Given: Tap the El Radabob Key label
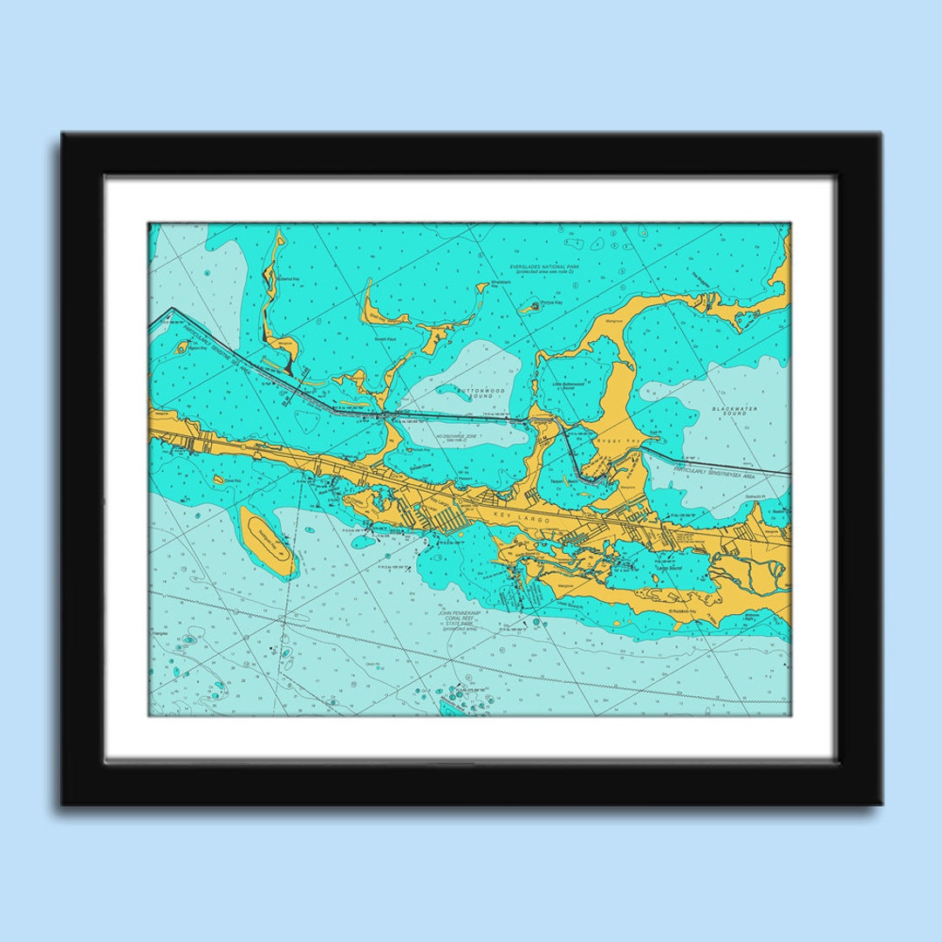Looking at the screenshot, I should (x=684, y=611).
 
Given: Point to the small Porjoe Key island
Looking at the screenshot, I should (x=534, y=306).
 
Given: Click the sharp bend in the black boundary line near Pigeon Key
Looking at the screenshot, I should (x=171, y=310).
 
